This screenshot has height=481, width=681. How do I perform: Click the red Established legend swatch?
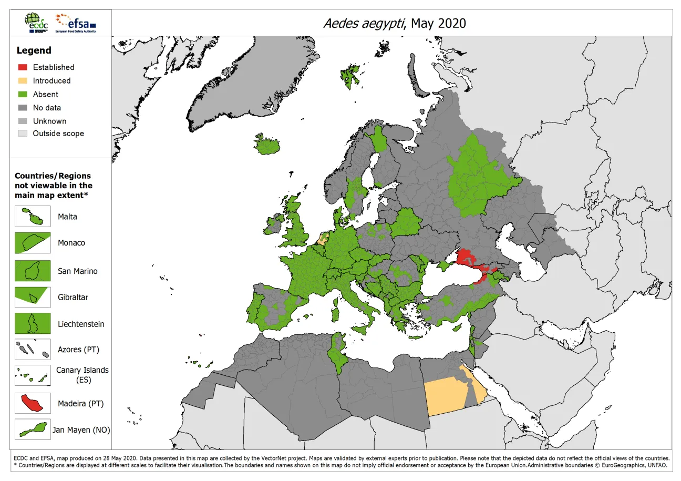23,67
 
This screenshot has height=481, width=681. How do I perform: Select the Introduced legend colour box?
23,81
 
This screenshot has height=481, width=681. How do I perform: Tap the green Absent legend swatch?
23,95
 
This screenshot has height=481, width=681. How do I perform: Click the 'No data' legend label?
47,108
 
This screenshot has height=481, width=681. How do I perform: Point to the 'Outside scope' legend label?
58,134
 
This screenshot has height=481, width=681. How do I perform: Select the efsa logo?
77,23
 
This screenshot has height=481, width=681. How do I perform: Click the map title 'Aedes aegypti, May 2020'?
394,23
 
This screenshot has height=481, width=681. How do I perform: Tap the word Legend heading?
34,50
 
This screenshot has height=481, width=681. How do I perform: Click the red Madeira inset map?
33,404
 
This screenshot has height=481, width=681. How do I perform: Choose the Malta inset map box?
33,217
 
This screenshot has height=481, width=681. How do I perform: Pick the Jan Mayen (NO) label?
81,430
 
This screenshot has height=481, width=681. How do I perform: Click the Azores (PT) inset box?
33,349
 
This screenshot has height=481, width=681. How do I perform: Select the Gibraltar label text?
73,298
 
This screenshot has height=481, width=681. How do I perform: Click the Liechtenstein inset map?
33,324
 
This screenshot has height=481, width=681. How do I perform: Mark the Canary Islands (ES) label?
82,375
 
